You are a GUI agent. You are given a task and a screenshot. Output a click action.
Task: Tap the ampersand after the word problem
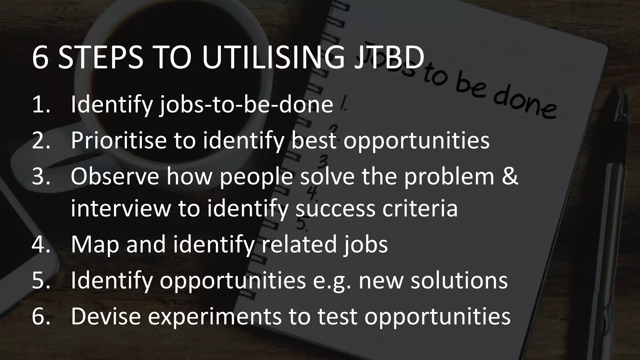tap(510, 176)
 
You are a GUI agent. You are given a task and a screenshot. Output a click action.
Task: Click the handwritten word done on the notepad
tap(525, 105)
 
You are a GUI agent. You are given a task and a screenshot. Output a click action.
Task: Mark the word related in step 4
tap(299, 244)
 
